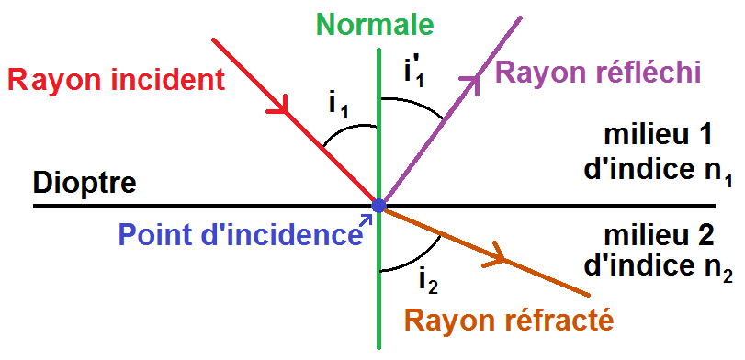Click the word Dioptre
click(85, 183)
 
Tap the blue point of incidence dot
click(378, 205)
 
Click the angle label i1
click(339, 107)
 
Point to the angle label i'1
click(415, 72)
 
